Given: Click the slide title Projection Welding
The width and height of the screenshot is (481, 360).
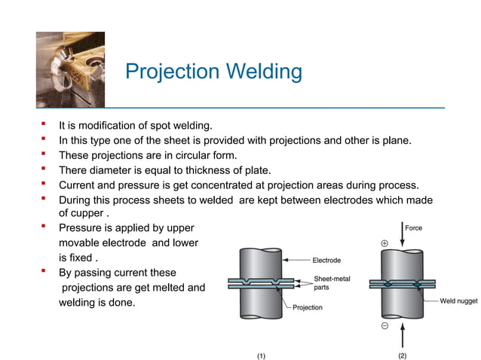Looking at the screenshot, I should point(213,72).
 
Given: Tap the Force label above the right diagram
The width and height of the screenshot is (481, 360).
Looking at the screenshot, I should point(414,227).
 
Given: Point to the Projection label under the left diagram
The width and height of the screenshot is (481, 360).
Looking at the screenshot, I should point(307,307).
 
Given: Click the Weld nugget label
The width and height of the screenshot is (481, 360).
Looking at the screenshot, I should point(458,301).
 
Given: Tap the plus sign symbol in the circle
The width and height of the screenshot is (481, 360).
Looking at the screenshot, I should point(384,244).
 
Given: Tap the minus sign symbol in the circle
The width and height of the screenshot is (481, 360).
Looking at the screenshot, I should point(384,326).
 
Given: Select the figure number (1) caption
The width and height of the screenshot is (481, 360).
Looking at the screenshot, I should point(261,355).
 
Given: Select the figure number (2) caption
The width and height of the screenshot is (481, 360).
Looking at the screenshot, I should point(401,355).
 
